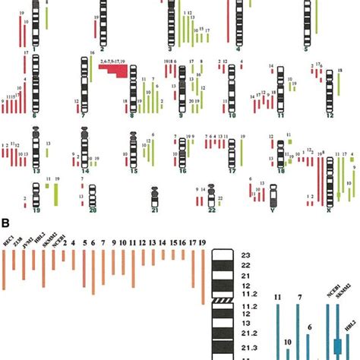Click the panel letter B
5,223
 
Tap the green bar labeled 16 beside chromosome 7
91,68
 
